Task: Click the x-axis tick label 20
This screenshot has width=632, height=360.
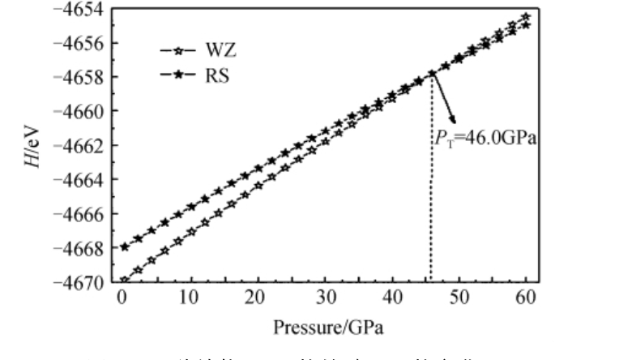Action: (258, 297)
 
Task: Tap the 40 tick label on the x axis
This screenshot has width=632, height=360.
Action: (392, 297)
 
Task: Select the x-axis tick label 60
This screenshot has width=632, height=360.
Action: (527, 297)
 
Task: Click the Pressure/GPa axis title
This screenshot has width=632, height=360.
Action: (325, 328)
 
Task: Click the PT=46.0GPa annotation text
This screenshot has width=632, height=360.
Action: (485, 139)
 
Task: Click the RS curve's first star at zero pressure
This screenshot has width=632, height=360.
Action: (124, 247)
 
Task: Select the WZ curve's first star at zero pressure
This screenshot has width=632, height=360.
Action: (124, 281)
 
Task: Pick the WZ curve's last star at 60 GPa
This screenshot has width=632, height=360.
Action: (526, 16)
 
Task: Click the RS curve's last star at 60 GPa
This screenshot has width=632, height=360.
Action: (526, 24)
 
